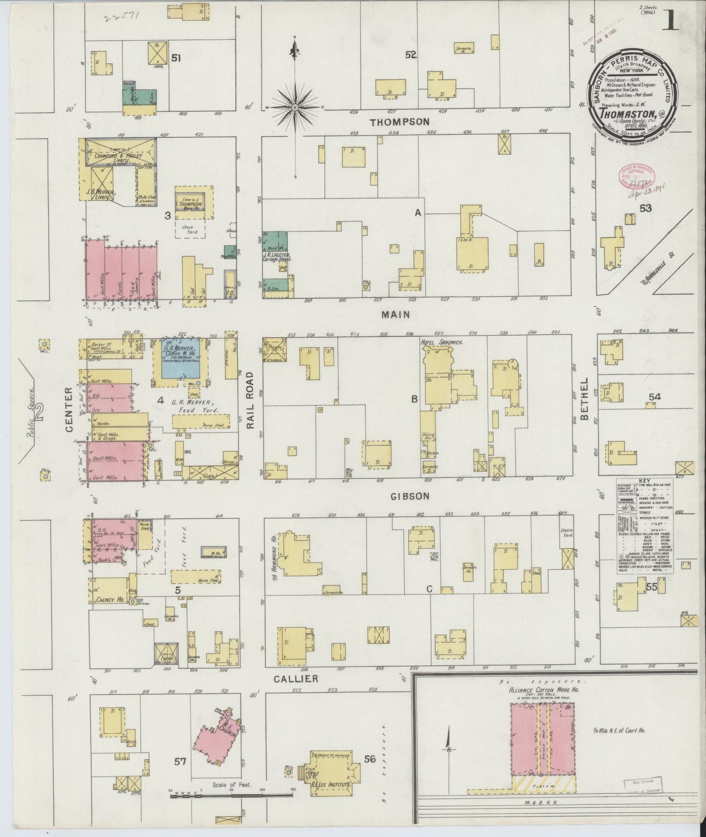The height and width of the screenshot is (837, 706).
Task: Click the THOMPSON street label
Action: [399, 122]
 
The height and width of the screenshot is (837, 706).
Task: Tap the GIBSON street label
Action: [409, 496]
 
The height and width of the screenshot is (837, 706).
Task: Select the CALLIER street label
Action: [296, 679]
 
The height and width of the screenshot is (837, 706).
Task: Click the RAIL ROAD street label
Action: [251, 400]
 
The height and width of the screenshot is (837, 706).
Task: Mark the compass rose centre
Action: [295, 106]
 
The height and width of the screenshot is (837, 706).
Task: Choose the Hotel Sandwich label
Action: [441, 343]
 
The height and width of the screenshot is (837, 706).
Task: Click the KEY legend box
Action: [644, 525]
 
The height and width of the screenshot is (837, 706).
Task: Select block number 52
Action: [410, 55]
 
